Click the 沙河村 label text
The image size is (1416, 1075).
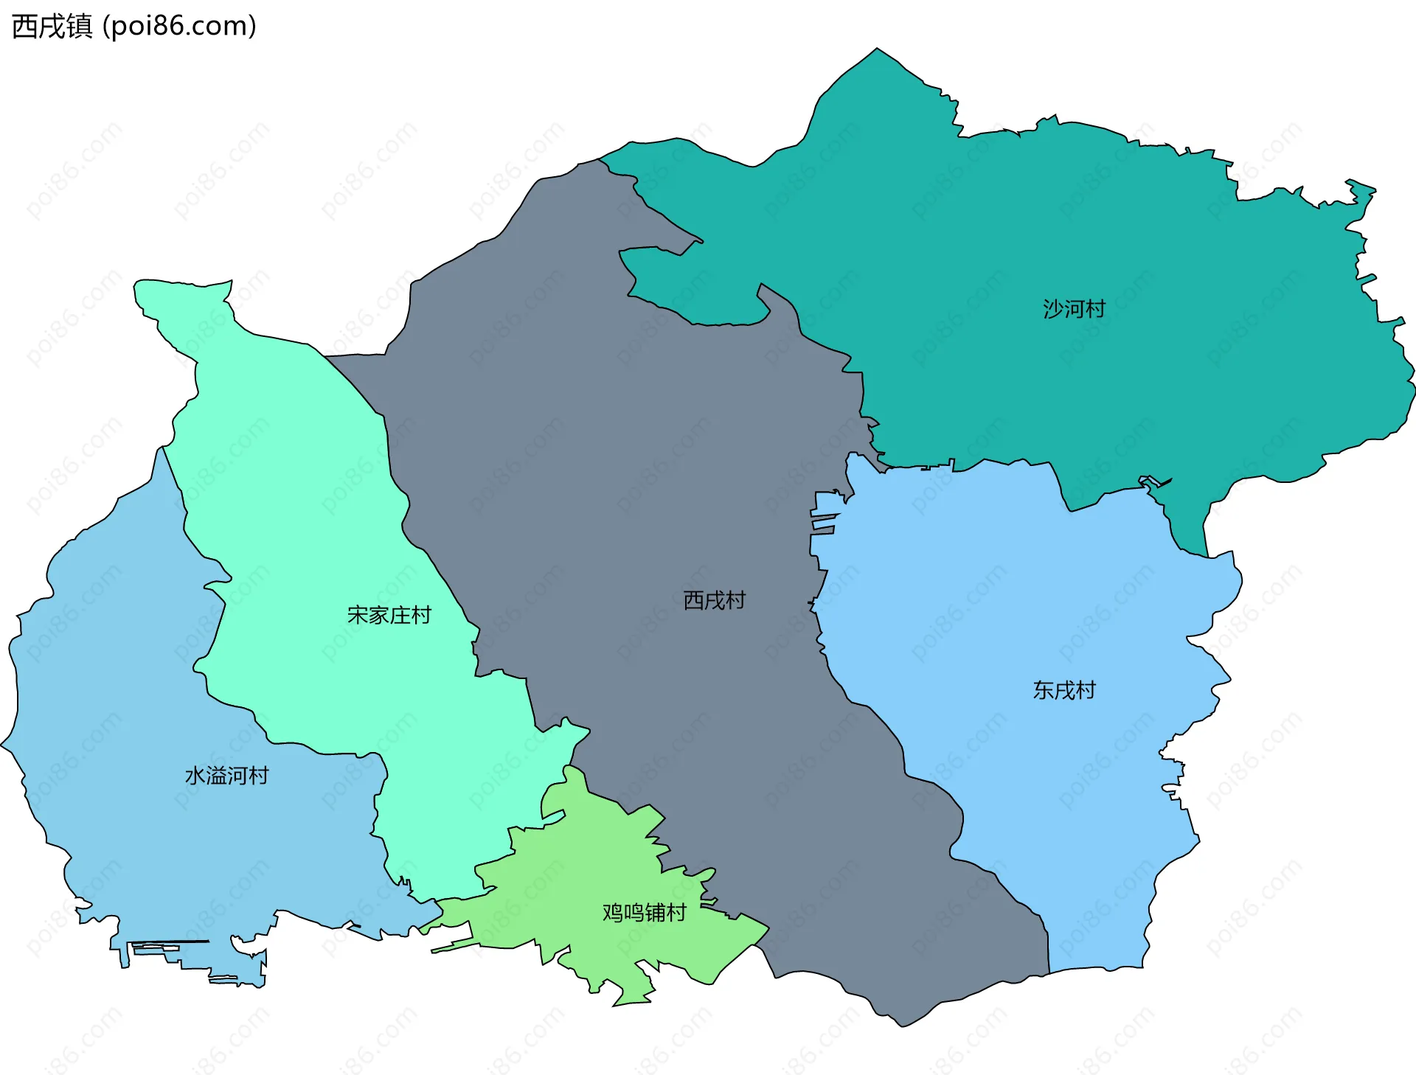(1074, 309)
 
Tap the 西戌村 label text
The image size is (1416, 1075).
(714, 600)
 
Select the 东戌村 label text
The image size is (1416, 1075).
(1063, 690)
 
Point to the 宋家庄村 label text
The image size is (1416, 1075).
(389, 615)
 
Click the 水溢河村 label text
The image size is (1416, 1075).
(226, 776)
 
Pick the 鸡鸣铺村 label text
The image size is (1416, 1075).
(644, 913)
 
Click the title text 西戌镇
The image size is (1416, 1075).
(52, 26)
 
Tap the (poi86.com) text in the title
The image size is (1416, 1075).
(179, 26)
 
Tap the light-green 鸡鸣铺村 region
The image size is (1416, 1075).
(590, 885)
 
